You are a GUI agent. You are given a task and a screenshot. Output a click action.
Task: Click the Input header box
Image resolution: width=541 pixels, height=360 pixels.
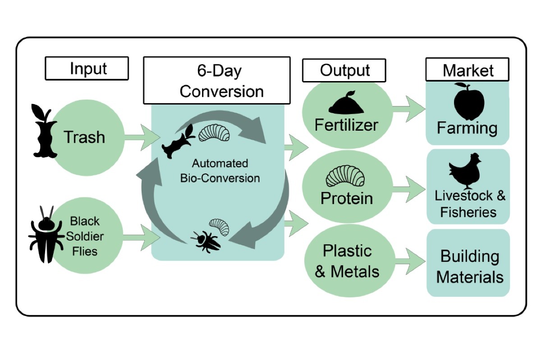[x=87, y=68]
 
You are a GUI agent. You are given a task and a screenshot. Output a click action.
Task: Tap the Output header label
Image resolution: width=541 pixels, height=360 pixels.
[x=344, y=70]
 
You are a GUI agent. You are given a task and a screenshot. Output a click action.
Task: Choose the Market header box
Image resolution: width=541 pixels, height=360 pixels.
[x=468, y=70]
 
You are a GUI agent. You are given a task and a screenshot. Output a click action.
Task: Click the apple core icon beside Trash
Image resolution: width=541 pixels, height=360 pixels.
[x=44, y=132]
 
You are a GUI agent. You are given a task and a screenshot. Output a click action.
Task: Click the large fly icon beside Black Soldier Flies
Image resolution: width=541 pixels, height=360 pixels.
[x=45, y=235]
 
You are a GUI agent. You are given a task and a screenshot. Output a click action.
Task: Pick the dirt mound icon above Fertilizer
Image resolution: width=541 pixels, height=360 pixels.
[x=345, y=103]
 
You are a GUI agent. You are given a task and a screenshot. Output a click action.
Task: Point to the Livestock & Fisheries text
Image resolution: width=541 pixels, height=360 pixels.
[x=469, y=204]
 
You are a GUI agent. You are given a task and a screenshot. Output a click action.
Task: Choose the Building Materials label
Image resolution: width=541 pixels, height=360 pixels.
[x=469, y=266]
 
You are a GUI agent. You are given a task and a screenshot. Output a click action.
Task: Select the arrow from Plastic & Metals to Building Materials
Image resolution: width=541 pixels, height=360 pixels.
[x=409, y=259]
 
